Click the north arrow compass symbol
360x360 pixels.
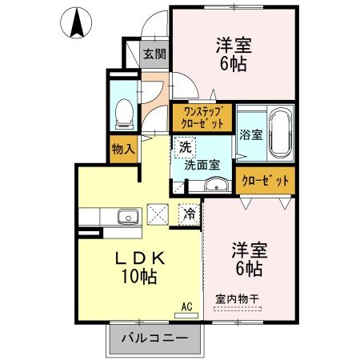point(78,22)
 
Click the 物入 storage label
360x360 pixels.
point(123,148)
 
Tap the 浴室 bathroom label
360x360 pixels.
point(250,135)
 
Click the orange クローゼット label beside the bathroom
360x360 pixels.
point(264,181)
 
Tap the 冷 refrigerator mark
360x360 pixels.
point(189,214)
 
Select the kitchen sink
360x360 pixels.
point(127,216)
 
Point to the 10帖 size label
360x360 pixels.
point(139,278)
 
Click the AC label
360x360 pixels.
point(186,306)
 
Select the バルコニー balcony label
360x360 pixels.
point(155,339)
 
